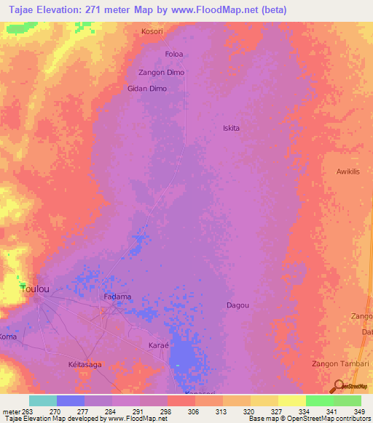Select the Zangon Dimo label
[x=161, y=73]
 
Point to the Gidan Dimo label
[x=148, y=89]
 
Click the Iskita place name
[x=231, y=128]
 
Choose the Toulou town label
[x=36, y=289]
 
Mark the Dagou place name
[x=237, y=305]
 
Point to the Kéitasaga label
[x=85, y=365]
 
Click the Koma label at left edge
[x=7, y=338]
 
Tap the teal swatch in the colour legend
[x=42, y=400]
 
